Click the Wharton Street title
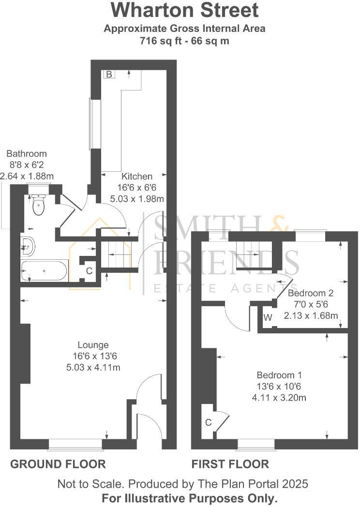coord(185,10)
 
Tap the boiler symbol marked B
coord(109,74)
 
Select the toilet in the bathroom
coord(38,206)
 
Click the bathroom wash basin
coord(28,246)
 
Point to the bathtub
coord(44,270)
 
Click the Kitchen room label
coord(137,177)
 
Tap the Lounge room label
coord(93,345)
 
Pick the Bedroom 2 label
coord(311,293)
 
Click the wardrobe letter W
coord(268,318)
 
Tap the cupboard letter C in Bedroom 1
coord(209,422)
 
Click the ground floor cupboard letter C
coord(89,271)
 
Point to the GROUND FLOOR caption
coord(58,464)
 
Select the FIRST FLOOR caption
coord(230,464)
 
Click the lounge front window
coord(75,443)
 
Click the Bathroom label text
coord(27,154)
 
